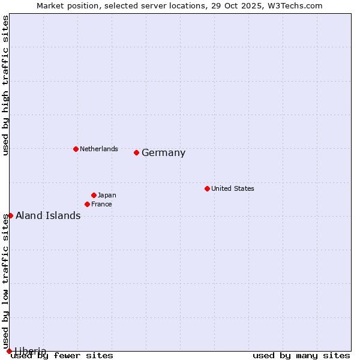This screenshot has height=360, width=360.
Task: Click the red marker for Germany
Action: tap(136, 152)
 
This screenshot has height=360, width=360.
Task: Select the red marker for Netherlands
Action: tap(76, 149)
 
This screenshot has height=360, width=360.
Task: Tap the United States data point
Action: tap(207, 188)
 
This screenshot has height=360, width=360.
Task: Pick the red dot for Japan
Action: tap(94, 195)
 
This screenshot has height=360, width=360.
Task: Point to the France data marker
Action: tap(87, 204)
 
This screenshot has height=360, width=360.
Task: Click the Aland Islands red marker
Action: tap(10, 215)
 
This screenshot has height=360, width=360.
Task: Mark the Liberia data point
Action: tap(9, 351)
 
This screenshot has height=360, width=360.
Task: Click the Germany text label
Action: tap(163, 153)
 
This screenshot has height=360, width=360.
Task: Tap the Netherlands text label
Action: tap(98, 149)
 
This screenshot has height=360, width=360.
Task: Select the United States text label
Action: tap(232, 188)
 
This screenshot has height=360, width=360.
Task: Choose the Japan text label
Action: tap(107, 195)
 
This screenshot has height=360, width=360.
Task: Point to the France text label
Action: tap(101, 204)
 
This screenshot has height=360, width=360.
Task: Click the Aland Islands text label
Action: tap(48, 216)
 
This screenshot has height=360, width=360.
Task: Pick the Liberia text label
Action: tap(31, 351)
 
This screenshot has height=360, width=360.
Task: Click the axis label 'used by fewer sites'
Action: tap(62, 356)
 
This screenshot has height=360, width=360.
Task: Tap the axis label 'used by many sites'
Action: tap(301, 356)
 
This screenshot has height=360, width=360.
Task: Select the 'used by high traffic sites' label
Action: tap(5, 85)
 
